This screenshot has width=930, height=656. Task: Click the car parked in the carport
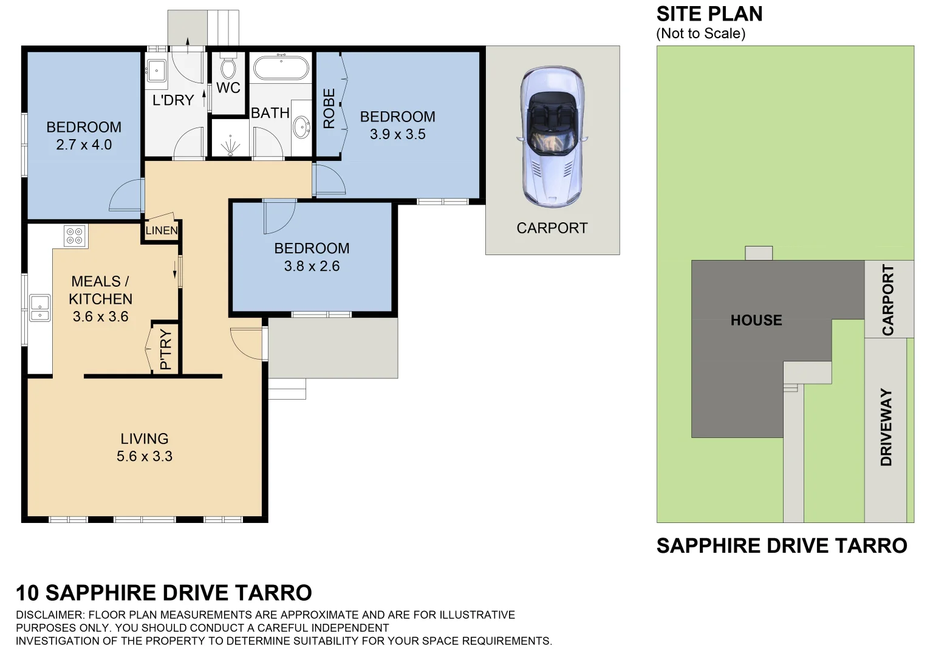(552, 137)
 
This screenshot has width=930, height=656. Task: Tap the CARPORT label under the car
(552, 228)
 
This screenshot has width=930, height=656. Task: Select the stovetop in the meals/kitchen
(75, 236)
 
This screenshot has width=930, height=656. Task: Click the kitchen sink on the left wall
(40, 307)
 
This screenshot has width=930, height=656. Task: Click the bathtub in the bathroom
(281, 68)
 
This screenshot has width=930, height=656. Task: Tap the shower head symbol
(230, 148)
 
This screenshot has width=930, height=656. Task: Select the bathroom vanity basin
(301, 128)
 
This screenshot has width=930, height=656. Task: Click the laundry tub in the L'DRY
(157, 70)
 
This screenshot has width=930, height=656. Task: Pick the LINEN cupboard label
(162, 231)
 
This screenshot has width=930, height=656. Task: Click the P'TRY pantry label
(166, 350)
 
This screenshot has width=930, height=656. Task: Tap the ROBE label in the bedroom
(329, 108)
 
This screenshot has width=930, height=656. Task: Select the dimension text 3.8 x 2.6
(312, 266)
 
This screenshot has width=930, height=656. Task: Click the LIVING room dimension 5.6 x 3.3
(145, 456)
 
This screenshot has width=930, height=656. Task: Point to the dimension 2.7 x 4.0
(84, 145)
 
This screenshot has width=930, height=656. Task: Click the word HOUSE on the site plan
(756, 320)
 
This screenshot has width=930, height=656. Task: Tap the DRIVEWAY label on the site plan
(886, 427)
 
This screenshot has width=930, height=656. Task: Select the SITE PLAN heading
(709, 14)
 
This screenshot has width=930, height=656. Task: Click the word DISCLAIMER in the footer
(49, 615)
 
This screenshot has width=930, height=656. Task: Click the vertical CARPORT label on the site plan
(888, 299)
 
